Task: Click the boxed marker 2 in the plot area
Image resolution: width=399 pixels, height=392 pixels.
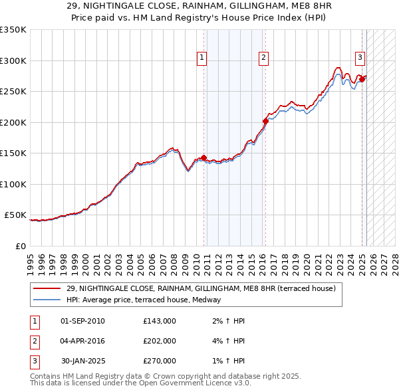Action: pyautogui.click(x=264, y=58)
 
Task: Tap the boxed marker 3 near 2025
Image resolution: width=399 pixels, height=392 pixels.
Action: pyautogui.click(x=360, y=58)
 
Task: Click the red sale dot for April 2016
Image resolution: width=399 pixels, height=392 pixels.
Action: pyautogui.click(x=265, y=121)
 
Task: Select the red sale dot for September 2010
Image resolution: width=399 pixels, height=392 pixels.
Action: pyautogui.click(x=203, y=157)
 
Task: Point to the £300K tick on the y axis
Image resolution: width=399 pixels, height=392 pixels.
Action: pyautogui.click(x=13, y=60)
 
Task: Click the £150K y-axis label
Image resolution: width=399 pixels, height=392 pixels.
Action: pyautogui.click(x=13, y=153)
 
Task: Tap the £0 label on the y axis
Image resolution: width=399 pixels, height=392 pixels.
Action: pyautogui.click(x=19, y=246)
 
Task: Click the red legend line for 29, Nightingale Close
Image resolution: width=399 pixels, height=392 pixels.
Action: pyautogui.click(x=47, y=289)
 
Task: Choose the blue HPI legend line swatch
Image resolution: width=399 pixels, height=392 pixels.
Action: pyautogui.click(x=47, y=300)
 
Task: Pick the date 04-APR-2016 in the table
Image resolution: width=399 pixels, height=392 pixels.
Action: pyautogui.click(x=82, y=341)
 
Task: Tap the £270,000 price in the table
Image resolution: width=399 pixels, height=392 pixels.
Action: pyautogui.click(x=159, y=361)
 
